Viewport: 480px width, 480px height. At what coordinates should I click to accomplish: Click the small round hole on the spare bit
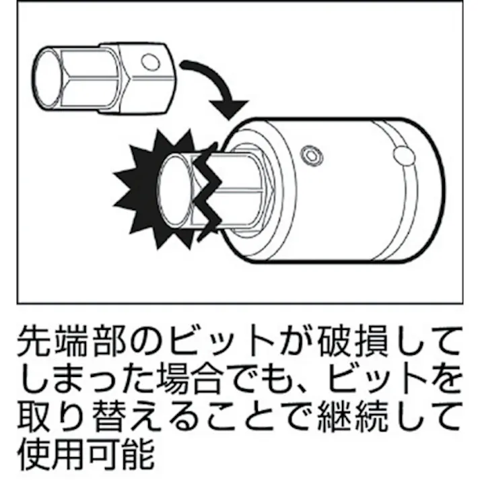(x=151, y=63)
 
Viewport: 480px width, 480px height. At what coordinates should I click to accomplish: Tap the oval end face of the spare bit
(x=50, y=79)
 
